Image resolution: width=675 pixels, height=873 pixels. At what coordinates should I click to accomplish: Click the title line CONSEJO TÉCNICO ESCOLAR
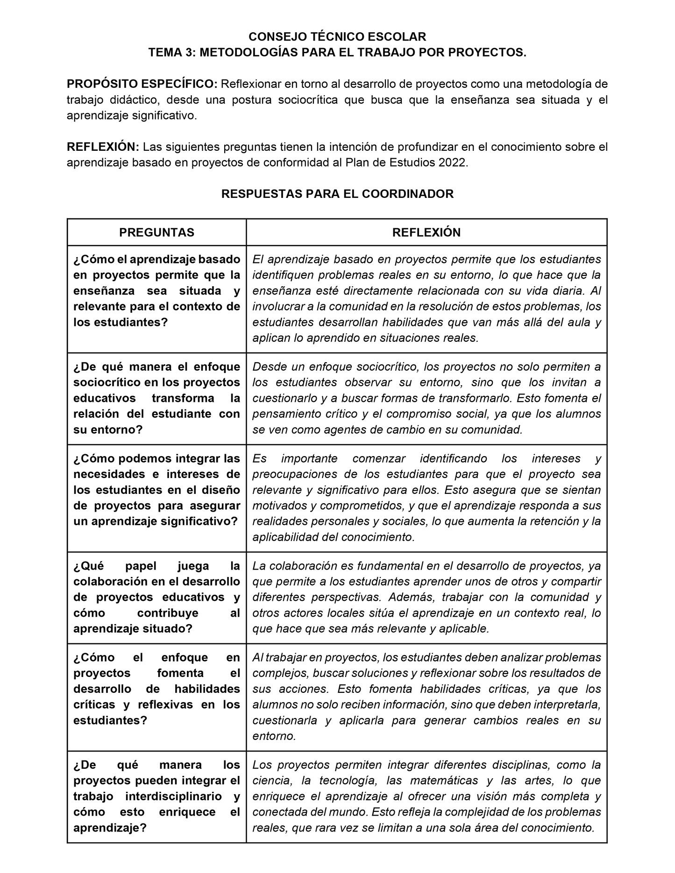(337, 37)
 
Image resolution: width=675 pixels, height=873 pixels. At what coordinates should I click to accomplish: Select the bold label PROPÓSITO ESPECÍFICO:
(142, 84)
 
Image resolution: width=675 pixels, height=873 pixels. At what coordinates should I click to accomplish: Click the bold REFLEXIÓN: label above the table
(103, 147)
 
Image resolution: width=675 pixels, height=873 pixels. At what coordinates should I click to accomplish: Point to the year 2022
(452, 163)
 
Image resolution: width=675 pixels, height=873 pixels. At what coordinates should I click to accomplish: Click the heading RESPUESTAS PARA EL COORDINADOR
(337, 194)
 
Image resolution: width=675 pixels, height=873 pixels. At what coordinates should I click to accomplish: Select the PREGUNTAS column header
(156, 232)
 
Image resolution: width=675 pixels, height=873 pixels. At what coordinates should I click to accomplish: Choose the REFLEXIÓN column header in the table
(426, 232)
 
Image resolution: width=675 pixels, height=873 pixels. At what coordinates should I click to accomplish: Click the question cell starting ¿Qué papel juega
(156, 597)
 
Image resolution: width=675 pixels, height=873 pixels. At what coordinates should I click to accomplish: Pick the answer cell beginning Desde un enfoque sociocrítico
(426, 398)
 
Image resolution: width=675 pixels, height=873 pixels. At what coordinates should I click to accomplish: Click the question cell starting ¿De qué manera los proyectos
(156, 796)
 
